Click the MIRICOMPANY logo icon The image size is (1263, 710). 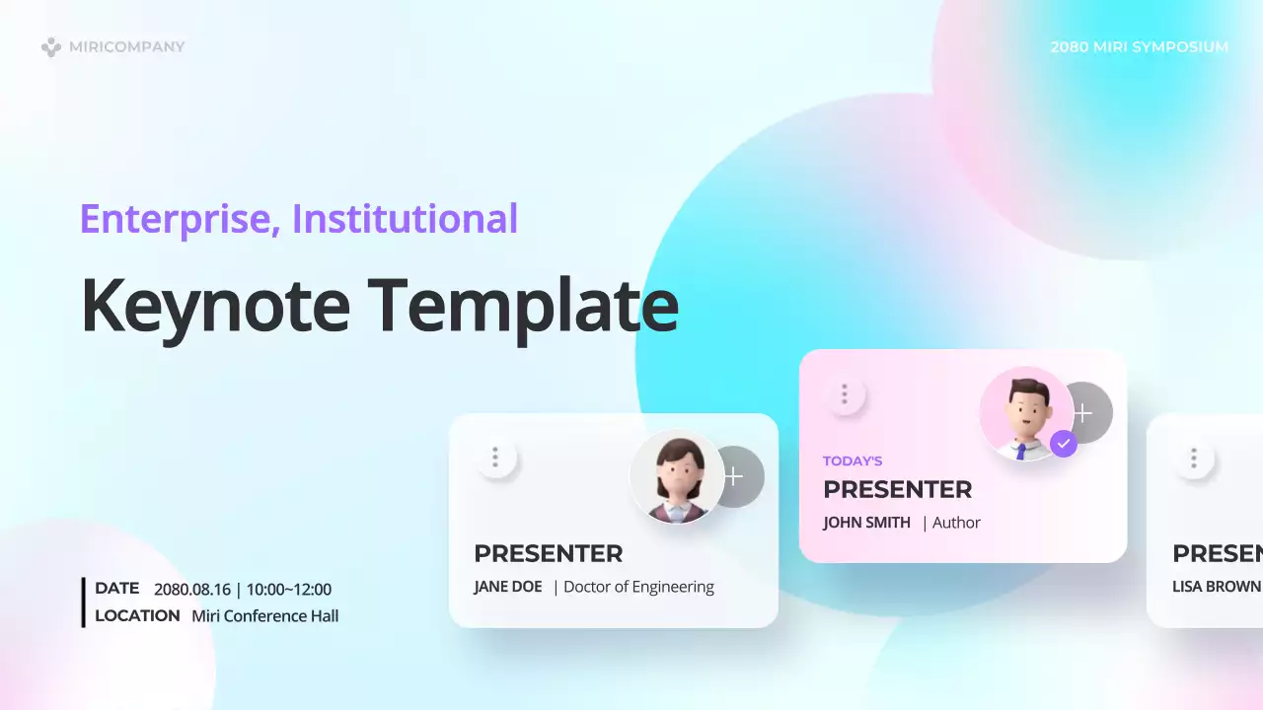click(50, 46)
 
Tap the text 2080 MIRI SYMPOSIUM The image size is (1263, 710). click(1139, 46)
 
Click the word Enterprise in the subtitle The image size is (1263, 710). click(174, 219)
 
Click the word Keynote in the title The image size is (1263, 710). click(215, 305)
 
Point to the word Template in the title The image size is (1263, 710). click(523, 305)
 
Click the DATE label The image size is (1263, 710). click(116, 588)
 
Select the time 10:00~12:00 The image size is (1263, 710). click(289, 590)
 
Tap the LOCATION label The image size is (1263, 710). click(137, 615)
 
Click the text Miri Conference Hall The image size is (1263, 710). click(264, 616)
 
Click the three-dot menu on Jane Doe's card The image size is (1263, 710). click(495, 458)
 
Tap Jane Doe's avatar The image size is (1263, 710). click(677, 477)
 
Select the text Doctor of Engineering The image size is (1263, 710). click(638, 587)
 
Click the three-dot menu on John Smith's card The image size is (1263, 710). click(844, 394)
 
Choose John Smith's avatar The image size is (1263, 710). click(1025, 414)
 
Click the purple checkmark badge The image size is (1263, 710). click(1063, 444)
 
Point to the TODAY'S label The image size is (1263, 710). click(853, 461)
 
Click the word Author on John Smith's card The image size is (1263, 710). click(956, 523)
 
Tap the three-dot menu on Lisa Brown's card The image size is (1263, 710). click(1194, 458)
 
